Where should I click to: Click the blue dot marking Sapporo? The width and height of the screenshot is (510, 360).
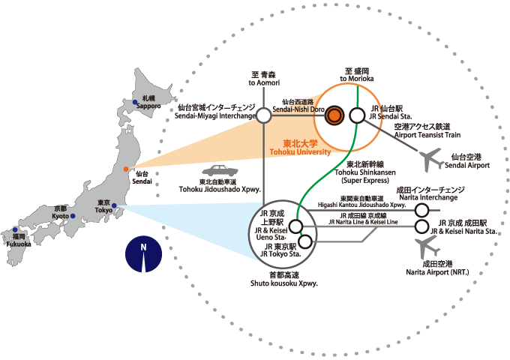click(136, 102)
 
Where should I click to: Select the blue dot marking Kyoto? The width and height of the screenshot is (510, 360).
click(74, 216)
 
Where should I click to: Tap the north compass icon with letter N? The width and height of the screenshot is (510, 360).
click(142, 253)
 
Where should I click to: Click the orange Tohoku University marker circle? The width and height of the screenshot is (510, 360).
click(335, 115)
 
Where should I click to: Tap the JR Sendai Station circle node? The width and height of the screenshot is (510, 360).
click(356, 115)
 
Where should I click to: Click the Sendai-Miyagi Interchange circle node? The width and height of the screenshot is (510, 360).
click(263, 115)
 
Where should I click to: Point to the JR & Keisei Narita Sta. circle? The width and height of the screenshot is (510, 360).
click(423, 226)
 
